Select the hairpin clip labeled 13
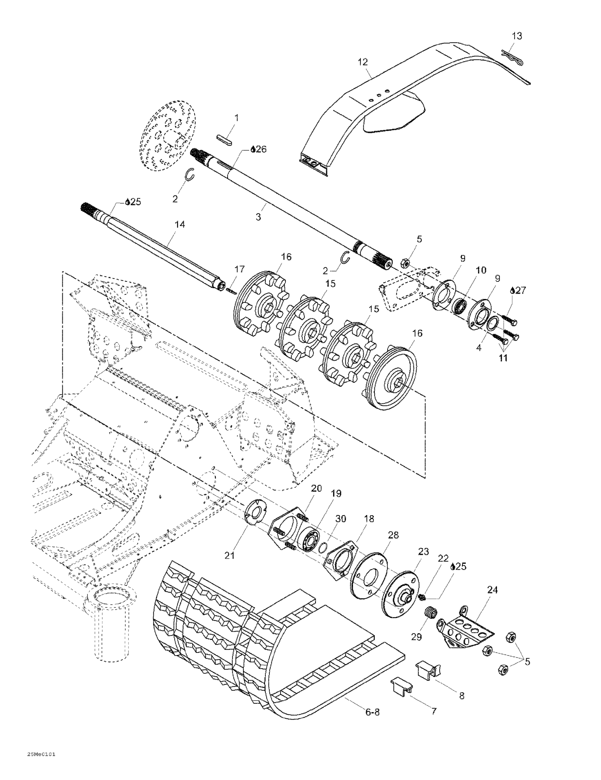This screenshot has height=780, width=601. coord(512,57)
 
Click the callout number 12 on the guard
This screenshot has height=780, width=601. coord(362,62)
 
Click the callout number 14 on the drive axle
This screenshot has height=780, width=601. coord(180,224)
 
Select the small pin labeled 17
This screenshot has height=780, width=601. coord(231,291)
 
